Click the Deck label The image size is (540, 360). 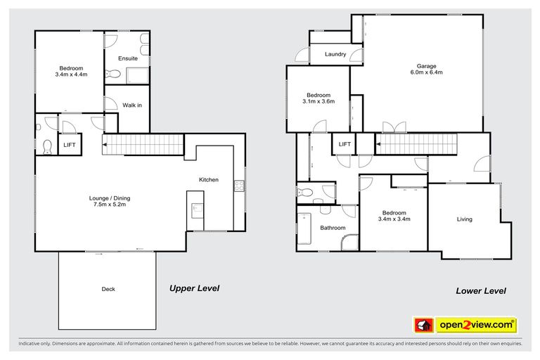(x=108, y=289)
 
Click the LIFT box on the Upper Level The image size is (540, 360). (x=70, y=144)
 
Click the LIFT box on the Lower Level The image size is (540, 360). (x=345, y=144)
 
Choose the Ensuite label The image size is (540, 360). (x=128, y=58)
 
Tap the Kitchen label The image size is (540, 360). (x=209, y=180)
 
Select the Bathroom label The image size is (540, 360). (x=333, y=228)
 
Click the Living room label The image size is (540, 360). (x=464, y=219)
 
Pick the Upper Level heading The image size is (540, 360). (x=195, y=288)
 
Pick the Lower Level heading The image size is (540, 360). (x=481, y=290)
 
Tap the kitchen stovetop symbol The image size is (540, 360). (x=239, y=186)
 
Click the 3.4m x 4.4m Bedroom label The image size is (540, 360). (x=70, y=71)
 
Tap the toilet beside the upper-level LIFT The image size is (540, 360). (x=47, y=146)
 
